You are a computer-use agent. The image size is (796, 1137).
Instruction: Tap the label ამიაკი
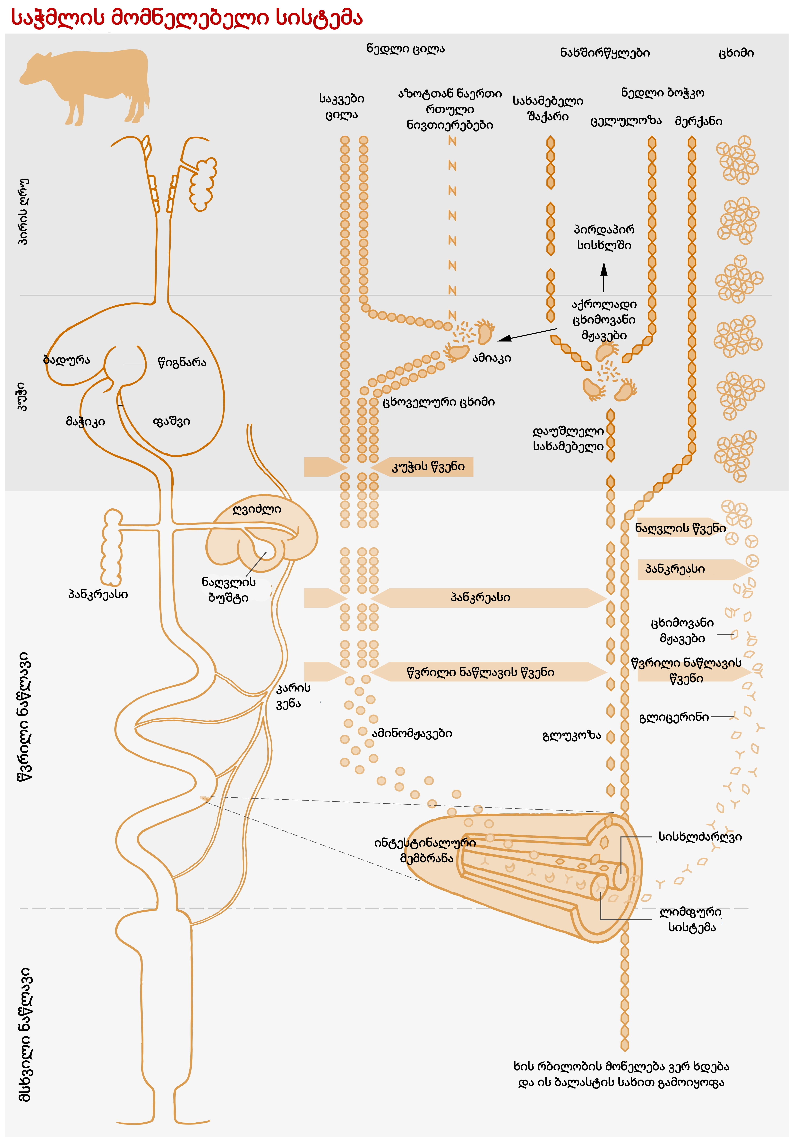click(x=491, y=358)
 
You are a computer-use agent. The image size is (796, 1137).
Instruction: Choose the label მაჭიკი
click(x=85, y=421)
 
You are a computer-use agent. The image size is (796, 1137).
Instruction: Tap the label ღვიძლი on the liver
click(x=257, y=509)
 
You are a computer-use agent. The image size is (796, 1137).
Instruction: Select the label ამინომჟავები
click(x=412, y=733)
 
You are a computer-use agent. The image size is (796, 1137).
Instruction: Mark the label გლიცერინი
click(x=674, y=717)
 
